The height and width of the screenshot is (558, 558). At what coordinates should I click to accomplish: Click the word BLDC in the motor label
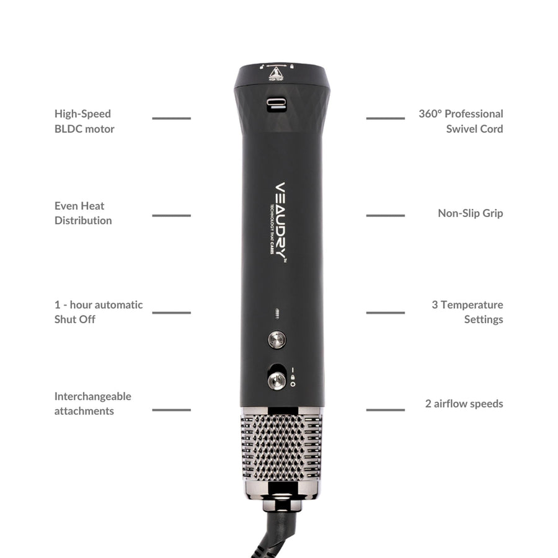click(68, 129)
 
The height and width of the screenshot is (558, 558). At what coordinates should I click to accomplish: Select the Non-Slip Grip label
click(470, 213)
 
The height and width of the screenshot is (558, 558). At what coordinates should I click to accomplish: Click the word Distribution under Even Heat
click(83, 221)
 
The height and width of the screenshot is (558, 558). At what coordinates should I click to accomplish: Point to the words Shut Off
click(74, 320)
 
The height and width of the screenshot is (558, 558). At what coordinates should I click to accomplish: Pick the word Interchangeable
click(92, 397)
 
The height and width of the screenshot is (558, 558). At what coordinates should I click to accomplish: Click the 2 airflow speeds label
click(464, 404)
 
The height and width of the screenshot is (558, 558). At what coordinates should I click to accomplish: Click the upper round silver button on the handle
click(277, 340)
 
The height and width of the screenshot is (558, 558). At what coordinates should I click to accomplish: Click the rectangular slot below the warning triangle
click(277, 104)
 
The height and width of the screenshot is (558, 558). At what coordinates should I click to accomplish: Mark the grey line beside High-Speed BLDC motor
click(171, 118)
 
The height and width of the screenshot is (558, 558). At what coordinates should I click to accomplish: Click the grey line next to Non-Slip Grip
click(385, 215)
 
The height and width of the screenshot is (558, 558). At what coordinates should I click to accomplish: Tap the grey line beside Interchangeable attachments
click(171, 410)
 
